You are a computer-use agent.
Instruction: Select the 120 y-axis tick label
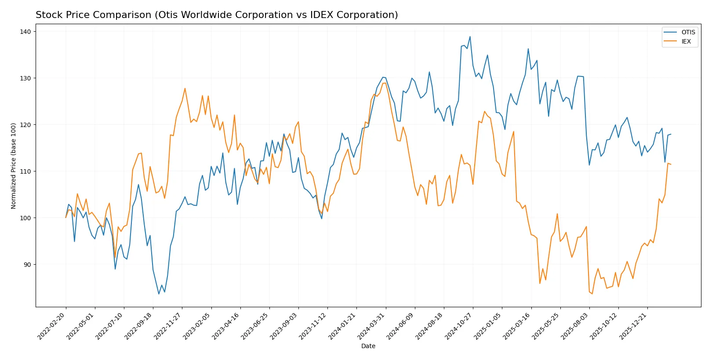tap(25, 125)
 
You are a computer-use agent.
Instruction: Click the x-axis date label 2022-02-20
tap(52, 325)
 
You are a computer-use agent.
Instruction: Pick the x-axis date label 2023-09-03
tap(285, 325)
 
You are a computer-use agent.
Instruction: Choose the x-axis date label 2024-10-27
tap(459, 325)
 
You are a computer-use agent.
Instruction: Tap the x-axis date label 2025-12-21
tap(634, 325)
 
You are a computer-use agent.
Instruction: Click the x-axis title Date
tap(368, 346)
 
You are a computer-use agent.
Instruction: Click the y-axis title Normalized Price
tap(14, 166)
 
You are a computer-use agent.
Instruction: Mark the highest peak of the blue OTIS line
tap(470, 36)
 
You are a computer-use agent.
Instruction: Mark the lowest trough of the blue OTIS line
tap(159, 294)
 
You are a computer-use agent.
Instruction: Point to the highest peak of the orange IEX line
tap(185, 88)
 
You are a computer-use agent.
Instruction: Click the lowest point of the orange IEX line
tap(592, 294)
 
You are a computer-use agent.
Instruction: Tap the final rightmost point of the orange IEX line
tap(671, 164)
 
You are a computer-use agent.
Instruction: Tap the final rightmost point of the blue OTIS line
tap(671, 135)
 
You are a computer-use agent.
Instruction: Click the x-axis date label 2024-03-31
tap(372, 325)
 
